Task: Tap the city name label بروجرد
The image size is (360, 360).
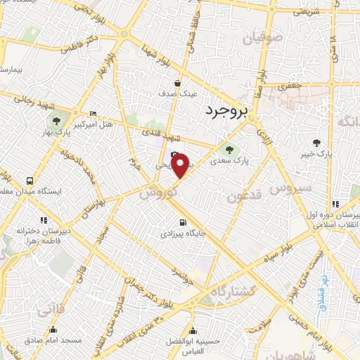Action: click(x=229, y=111)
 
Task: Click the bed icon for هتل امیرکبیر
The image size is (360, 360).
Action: click(x=94, y=115)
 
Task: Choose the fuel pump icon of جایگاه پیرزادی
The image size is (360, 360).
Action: click(x=182, y=224)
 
